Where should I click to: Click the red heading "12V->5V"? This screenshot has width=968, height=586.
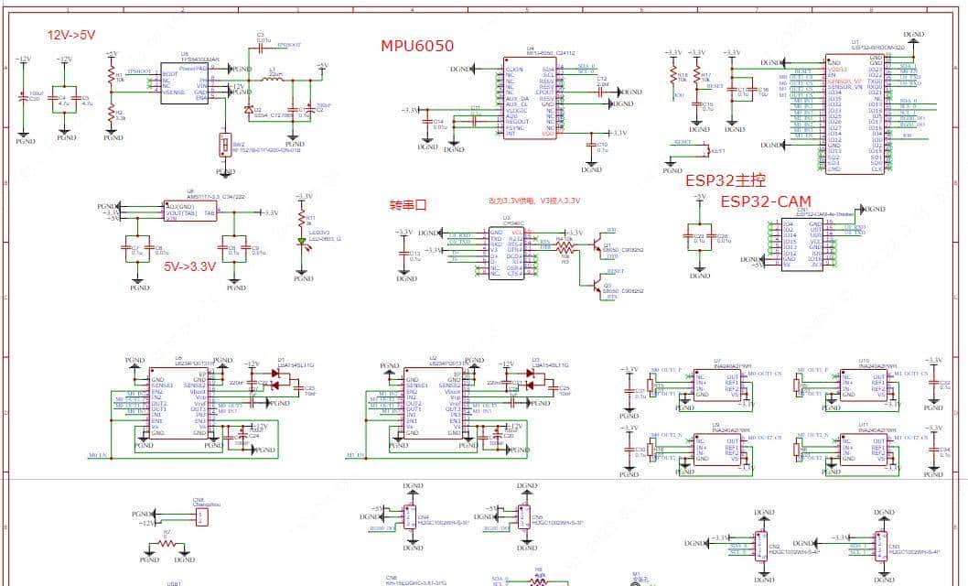[x=71, y=35]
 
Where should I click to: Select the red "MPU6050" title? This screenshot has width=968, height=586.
[x=417, y=46]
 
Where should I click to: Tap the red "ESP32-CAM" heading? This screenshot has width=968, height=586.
[x=765, y=201]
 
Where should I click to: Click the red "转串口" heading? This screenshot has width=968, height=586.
[x=408, y=205]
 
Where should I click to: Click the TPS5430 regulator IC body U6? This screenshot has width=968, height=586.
[x=186, y=83]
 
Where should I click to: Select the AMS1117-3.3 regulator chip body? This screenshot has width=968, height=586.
[x=190, y=212]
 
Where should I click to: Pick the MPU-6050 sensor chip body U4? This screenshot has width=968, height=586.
[x=529, y=100]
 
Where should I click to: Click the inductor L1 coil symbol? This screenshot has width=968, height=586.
[x=273, y=79]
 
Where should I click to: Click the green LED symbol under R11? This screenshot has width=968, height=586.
[x=300, y=242]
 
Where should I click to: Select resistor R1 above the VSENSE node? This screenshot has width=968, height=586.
[x=113, y=79]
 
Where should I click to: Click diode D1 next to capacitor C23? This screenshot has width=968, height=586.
[x=274, y=385]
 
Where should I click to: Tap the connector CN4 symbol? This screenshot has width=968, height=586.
[x=410, y=516]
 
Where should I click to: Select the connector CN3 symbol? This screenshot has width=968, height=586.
[x=880, y=544]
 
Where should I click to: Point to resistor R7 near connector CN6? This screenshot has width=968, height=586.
[x=167, y=541]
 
